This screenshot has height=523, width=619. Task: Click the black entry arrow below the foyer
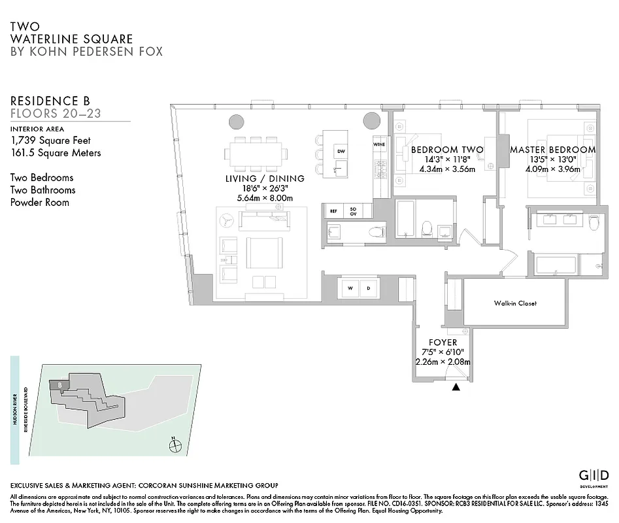click(x=456, y=387)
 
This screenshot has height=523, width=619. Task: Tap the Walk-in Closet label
click(x=515, y=303)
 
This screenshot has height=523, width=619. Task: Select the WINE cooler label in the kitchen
click(x=378, y=144)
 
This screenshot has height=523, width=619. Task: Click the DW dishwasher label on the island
click(x=341, y=151)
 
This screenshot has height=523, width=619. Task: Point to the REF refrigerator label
click(x=333, y=211)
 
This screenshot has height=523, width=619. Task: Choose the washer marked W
click(x=350, y=288)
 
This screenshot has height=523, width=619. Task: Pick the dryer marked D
click(x=368, y=288)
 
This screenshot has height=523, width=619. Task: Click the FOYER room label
click(x=443, y=343)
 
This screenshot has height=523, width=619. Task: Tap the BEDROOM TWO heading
click(x=447, y=150)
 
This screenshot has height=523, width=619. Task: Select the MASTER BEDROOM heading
click(x=553, y=150)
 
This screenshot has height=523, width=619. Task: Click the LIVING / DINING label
click(x=265, y=178)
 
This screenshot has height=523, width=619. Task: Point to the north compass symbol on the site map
click(x=175, y=446)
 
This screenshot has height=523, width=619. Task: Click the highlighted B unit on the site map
click(x=59, y=385)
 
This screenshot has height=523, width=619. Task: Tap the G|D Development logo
click(x=595, y=475)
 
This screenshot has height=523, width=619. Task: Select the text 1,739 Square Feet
click(x=50, y=140)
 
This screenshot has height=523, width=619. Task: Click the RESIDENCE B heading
click(x=50, y=101)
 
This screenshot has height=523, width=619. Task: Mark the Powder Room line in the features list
click(x=40, y=202)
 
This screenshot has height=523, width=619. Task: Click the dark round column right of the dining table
click(x=371, y=122)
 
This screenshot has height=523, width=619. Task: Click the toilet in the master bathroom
click(x=594, y=224)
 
